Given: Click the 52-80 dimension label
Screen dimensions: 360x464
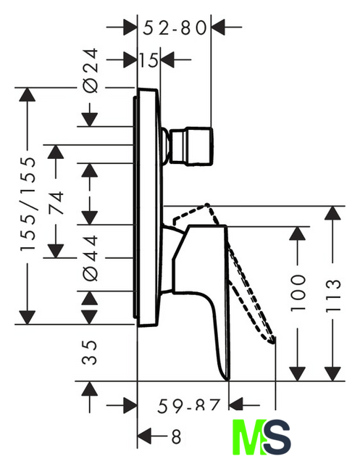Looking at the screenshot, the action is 175,28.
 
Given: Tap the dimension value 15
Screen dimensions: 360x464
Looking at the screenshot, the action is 148,60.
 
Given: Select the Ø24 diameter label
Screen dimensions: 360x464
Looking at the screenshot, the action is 91,70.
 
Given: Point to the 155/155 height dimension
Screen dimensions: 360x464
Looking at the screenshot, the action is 28,204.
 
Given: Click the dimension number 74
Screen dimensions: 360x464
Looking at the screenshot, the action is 56,203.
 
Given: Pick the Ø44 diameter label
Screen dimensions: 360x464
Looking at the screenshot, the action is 91,258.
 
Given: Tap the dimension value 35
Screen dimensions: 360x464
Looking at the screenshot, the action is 90,352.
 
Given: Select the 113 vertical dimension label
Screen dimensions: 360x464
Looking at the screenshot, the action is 333,295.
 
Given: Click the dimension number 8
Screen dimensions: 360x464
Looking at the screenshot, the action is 176,436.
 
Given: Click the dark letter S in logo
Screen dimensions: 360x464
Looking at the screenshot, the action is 277,437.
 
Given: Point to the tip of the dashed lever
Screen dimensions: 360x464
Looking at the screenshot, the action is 272,341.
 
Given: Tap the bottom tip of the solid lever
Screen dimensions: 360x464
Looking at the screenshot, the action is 227,380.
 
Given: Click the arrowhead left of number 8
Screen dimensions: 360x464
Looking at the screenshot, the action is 145,436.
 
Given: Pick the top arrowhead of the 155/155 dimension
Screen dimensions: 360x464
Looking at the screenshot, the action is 28,95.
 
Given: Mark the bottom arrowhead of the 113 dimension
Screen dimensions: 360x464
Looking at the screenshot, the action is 332,374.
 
